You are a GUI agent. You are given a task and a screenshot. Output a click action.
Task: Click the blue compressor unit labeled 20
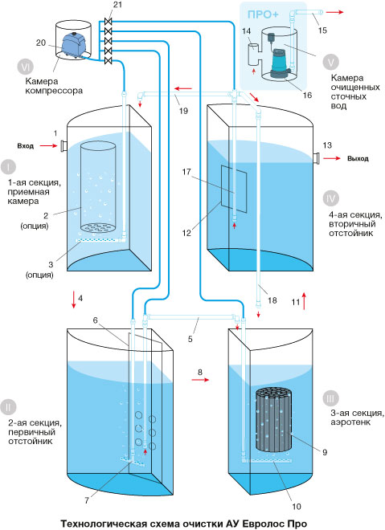pyautogui.click(x=72, y=45)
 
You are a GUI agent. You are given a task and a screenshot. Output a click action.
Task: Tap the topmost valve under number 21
pyautogui.click(x=109, y=22)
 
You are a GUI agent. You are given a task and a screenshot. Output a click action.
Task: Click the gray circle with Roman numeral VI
pyautogui.click(x=26, y=66)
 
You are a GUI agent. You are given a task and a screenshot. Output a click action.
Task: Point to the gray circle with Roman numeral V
pyautogui.click(x=330, y=62)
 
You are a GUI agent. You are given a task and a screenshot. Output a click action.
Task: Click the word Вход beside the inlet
pyautogui.click(x=26, y=146)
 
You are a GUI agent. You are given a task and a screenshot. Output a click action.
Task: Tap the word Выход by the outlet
pyautogui.click(x=358, y=158)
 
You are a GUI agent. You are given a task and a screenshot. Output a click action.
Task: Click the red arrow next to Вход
pyautogui.click(x=49, y=146)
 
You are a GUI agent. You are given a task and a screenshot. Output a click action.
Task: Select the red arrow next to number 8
pyautogui.click(x=200, y=380)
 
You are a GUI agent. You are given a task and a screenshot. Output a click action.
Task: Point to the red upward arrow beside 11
pyautogui.click(x=304, y=300)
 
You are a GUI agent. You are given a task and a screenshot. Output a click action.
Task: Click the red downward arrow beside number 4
pyautogui.click(x=74, y=300)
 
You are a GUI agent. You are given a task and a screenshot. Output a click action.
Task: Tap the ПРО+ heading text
pyautogui.click(x=263, y=15)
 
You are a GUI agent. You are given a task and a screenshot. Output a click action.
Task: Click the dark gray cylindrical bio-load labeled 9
pyautogui.click(x=273, y=419)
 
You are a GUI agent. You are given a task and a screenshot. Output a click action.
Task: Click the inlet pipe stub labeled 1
pyautogui.click(x=63, y=146)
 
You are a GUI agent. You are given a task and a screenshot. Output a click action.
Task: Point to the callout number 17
pyautogui.click(x=186, y=172)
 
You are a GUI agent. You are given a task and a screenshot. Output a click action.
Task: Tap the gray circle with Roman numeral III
pyautogui.click(x=330, y=399)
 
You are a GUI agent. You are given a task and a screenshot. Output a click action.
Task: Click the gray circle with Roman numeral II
pyautogui.click(x=8, y=407)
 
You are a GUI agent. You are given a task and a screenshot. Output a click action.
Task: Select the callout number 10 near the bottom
pyautogui.click(x=297, y=507)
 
